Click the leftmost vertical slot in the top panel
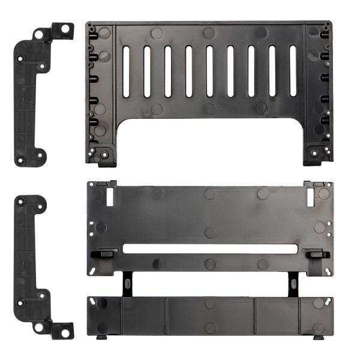[126, 71]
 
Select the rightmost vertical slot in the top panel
[293, 71]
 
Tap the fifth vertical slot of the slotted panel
[209, 71]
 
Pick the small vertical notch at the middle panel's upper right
[310, 196]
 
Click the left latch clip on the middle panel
[103, 254]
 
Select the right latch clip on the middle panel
[316, 254]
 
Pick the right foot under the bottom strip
[317, 337]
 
